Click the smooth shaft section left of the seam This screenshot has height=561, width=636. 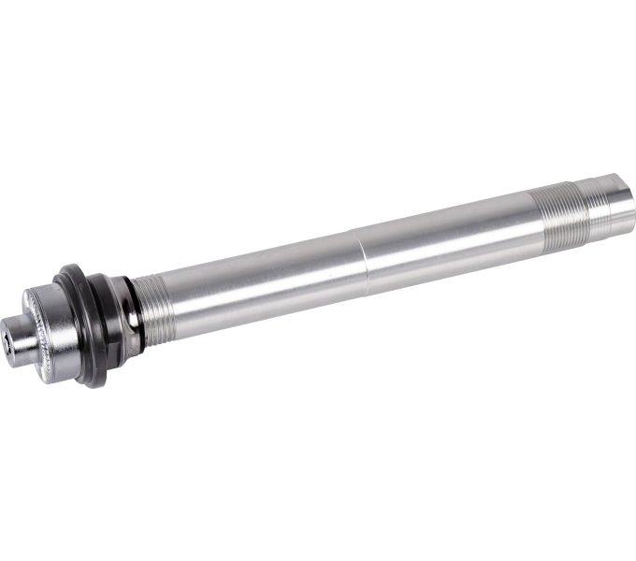(x=262, y=275)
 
